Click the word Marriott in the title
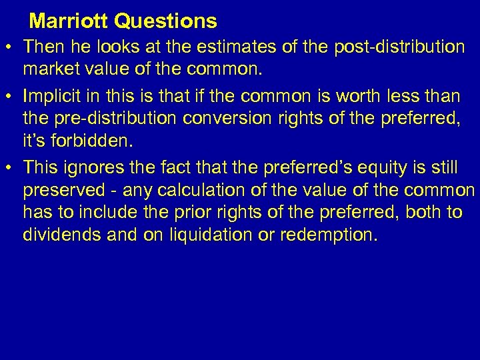pyautogui.click(x=69, y=21)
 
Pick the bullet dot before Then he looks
pyautogui.click(x=9, y=48)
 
